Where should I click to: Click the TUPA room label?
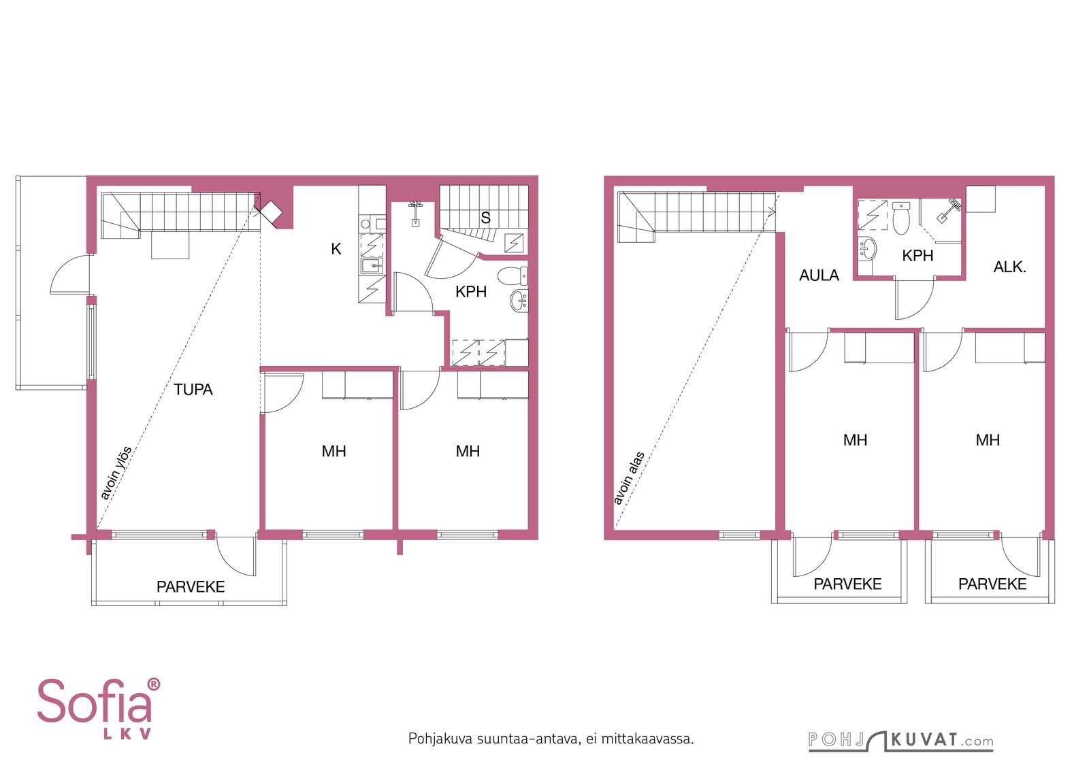pos(193,390)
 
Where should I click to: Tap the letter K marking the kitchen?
pos(336,249)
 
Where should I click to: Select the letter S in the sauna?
pos(485,218)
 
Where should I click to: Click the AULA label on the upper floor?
pos(819,275)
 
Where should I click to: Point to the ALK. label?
pos(1010,267)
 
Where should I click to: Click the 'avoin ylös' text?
pos(116,473)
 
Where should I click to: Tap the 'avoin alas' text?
pos(629,478)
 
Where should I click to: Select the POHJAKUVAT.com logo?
pos(901,741)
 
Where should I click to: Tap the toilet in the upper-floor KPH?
pos(901,218)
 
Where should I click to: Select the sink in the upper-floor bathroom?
pos(867,249)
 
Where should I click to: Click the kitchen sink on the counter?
pos(372,266)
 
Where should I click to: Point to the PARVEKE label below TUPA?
pos(191,587)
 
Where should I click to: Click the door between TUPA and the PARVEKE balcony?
pos(236,556)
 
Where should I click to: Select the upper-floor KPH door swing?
pos(914,300)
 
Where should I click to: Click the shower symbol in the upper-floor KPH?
pos(872,214)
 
